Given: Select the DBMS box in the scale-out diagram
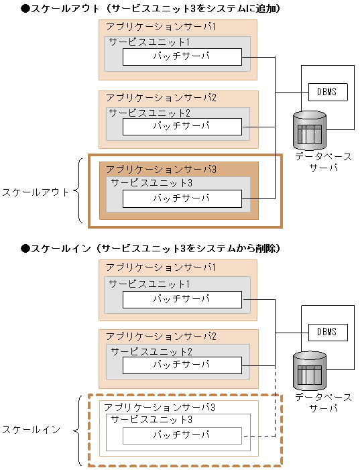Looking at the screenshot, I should (328, 92).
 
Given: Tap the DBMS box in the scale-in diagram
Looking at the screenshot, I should (328, 332).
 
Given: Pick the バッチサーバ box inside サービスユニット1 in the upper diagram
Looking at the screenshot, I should (182, 57).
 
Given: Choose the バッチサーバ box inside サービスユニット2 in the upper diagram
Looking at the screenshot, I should (182, 126).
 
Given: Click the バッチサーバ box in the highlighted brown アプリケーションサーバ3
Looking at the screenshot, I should (182, 198).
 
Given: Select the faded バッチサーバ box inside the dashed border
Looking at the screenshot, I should (182, 436).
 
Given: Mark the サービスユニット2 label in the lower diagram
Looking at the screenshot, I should (152, 351).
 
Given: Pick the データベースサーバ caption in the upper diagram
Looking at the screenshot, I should (324, 161).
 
